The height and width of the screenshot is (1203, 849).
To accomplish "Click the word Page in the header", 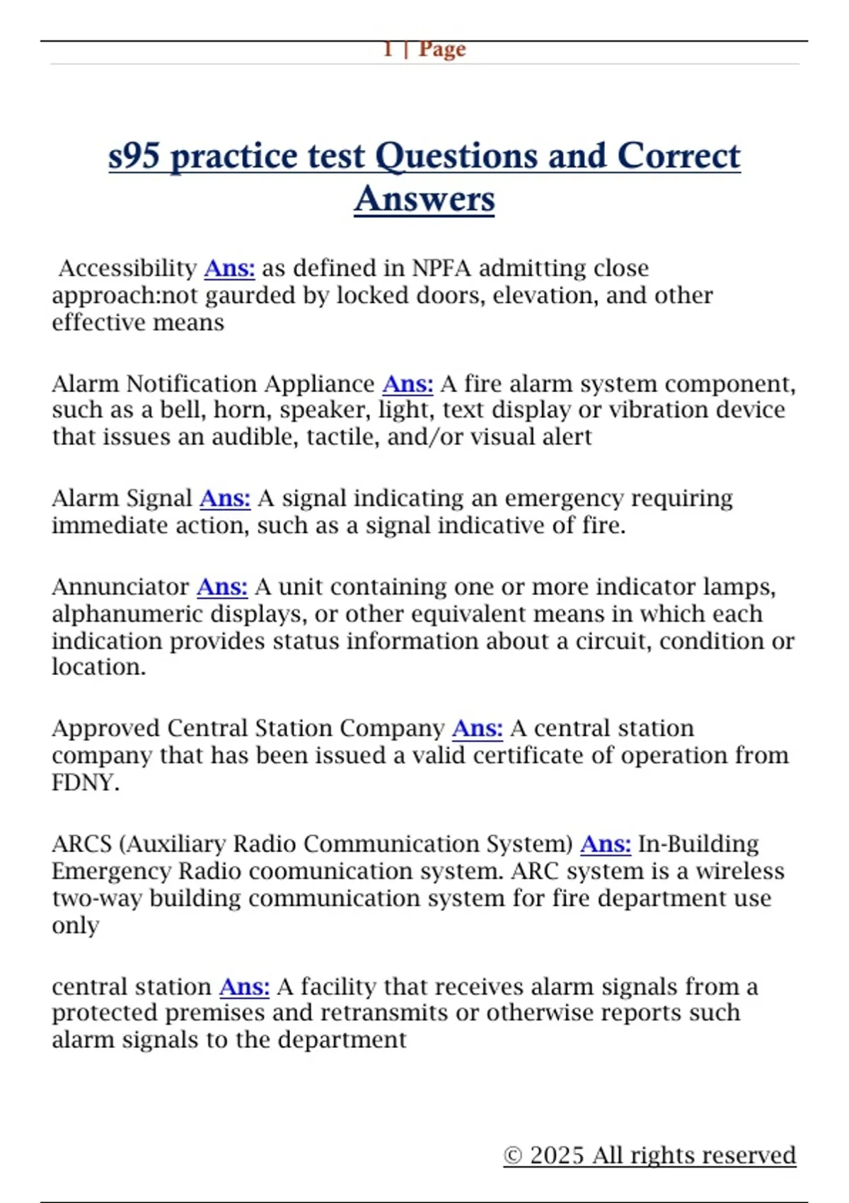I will tap(442, 50).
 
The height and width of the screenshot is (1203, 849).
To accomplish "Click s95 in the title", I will tap(134, 156).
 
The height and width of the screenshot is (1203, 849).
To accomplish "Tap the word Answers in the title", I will tap(424, 199).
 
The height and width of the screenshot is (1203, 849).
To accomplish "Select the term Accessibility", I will tap(127, 268).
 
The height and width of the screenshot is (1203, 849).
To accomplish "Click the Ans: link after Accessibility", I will tap(229, 268).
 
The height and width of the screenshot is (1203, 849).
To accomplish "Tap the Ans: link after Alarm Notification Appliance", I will tap(408, 384).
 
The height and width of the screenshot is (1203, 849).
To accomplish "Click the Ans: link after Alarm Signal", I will tap(225, 498).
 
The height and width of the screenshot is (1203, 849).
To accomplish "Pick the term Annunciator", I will tap(120, 587).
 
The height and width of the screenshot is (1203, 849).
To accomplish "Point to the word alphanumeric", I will tap(127, 614).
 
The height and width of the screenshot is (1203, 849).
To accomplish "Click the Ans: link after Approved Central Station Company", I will tap(478, 728).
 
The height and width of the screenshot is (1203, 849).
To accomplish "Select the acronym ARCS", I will tap(81, 844).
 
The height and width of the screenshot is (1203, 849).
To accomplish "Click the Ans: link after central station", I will tap(244, 986).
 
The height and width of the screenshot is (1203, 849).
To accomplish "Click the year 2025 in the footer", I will tap(558, 1155).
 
